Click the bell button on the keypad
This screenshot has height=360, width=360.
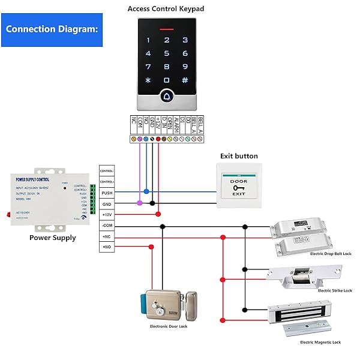click(167, 95)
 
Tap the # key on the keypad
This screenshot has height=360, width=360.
click(185, 80)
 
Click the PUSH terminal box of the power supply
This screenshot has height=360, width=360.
click(107, 193)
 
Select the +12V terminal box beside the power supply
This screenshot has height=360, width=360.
click(107, 214)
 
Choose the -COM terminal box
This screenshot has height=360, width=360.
click(107, 226)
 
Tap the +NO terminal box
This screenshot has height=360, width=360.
click(107, 247)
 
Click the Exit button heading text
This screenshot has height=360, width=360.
click(239, 156)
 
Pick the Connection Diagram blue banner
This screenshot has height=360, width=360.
click(52, 29)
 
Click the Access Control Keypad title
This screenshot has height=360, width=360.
click(166, 9)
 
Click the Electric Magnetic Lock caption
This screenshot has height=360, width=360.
click(320, 342)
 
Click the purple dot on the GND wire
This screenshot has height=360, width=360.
click(140, 203)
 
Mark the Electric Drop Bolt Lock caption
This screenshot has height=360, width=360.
click(331, 254)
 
